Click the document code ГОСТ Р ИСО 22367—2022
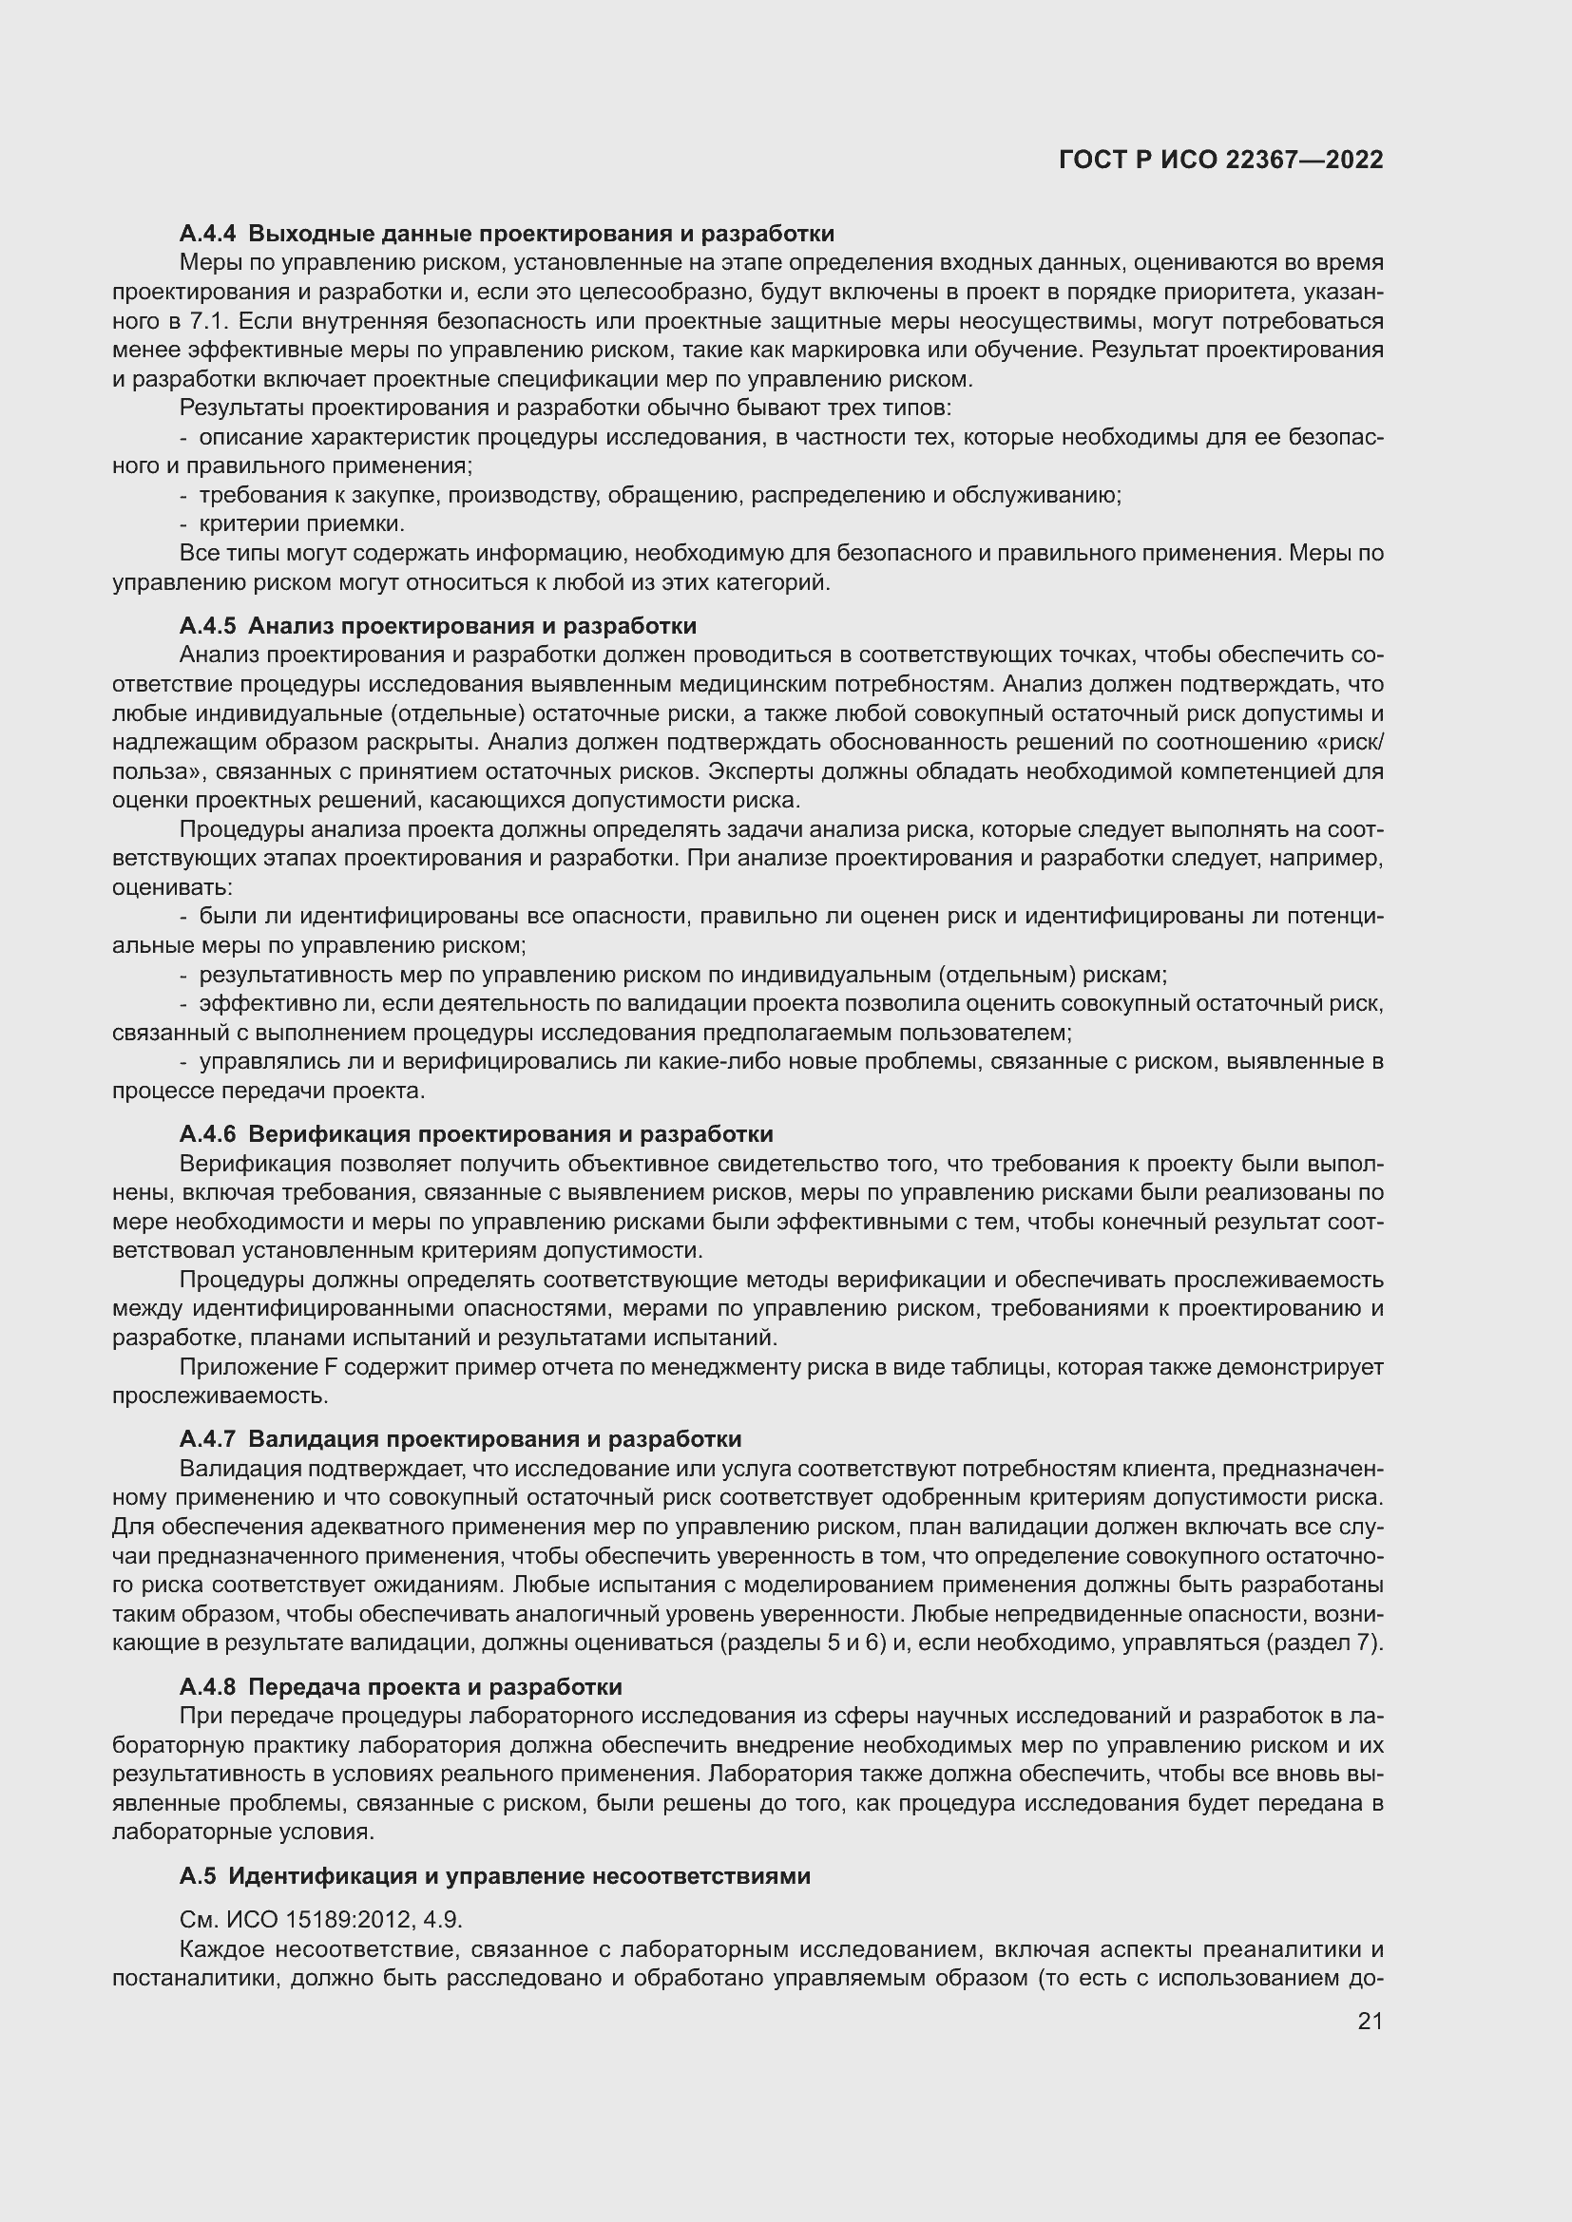(x=1220, y=160)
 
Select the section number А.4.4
(x=207, y=234)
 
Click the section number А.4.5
(x=207, y=625)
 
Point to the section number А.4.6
(x=207, y=1133)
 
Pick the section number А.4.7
(x=207, y=1439)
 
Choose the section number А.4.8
(x=207, y=1687)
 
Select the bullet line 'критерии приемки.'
(x=300, y=524)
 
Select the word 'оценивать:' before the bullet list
(x=172, y=887)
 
